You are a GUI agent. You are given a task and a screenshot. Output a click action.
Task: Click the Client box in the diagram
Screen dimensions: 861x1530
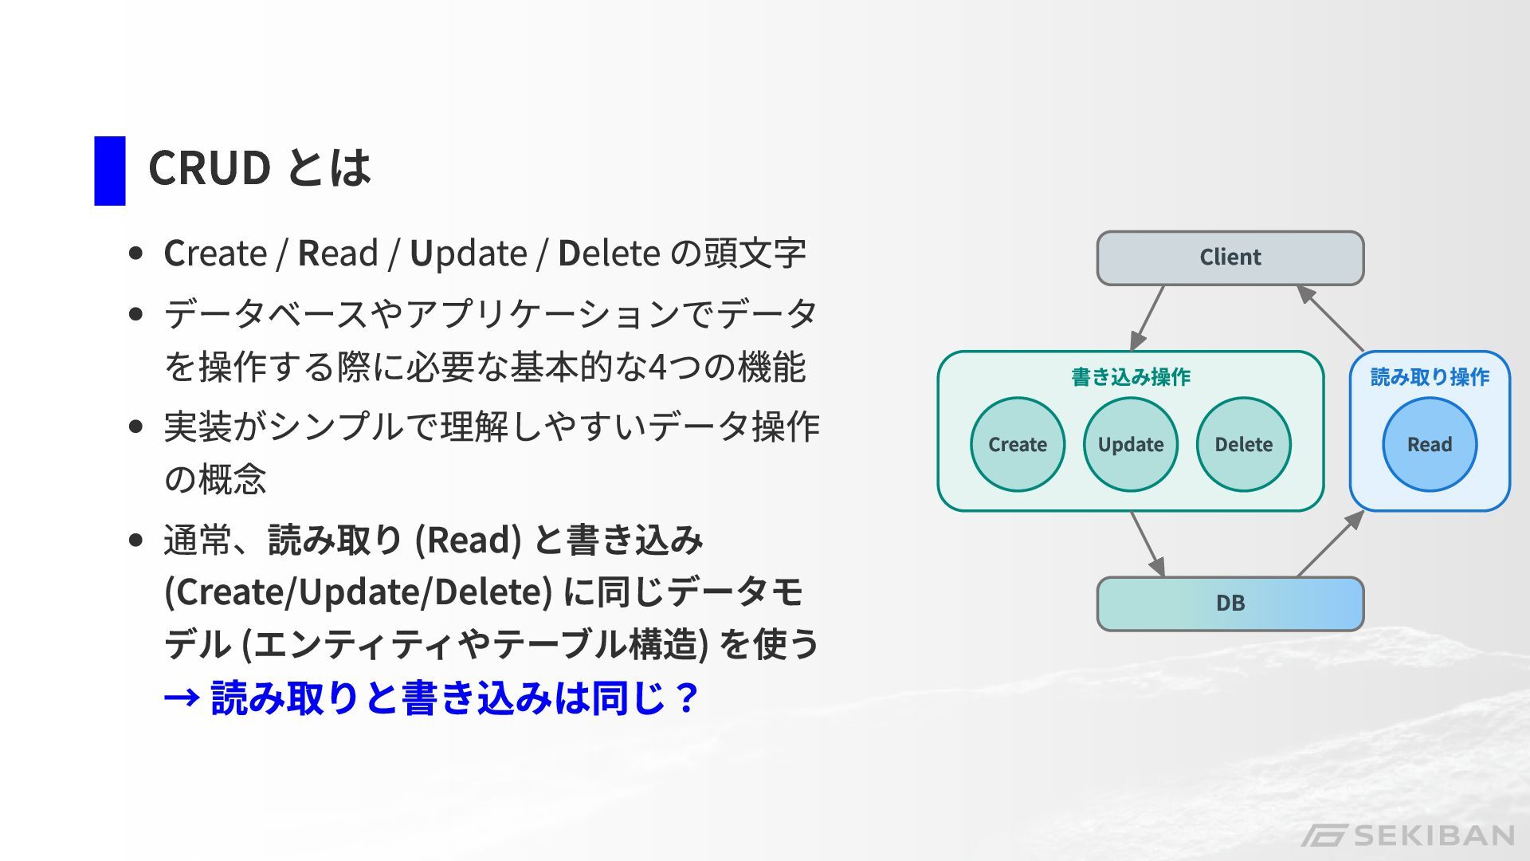pos(1230,258)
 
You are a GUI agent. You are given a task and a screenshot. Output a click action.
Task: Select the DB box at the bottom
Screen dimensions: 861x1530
pos(1230,603)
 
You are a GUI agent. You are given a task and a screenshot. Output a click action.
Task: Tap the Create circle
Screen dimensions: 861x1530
pos(1018,444)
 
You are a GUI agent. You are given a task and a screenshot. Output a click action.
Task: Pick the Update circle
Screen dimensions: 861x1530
pos(1130,444)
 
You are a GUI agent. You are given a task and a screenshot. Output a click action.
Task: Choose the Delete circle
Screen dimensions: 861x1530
pos(1243,444)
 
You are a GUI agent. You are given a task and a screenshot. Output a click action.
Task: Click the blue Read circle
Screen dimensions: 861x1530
pos(1430,444)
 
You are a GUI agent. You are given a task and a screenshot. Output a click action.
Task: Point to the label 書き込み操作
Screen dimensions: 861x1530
pos(1130,377)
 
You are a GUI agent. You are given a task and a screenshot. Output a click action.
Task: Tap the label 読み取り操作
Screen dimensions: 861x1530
pos(1430,377)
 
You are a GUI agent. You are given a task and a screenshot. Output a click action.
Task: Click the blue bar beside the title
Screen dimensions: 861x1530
pos(110,171)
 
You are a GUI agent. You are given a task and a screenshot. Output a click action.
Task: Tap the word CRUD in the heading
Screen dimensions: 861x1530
pos(210,168)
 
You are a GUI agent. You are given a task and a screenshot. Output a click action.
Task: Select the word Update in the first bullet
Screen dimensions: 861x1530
pos(469,254)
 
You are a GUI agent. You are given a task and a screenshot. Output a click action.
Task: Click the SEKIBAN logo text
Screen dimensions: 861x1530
pos(1434,835)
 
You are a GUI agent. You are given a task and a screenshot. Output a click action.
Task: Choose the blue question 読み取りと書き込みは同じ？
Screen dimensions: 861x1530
pos(454,698)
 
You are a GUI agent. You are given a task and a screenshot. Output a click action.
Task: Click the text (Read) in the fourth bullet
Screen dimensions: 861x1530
pos(468,540)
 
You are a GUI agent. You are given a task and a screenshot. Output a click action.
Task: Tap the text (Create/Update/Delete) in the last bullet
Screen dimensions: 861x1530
pos(358,592)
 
